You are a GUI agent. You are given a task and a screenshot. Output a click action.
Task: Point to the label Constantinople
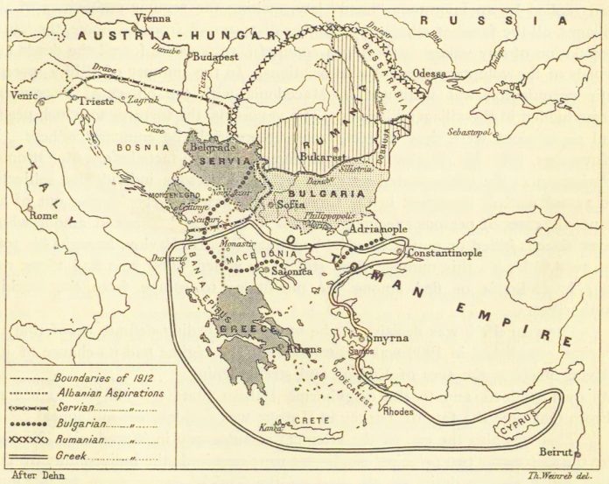point(448,253)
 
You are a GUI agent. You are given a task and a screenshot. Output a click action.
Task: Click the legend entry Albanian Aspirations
point(109,394)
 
